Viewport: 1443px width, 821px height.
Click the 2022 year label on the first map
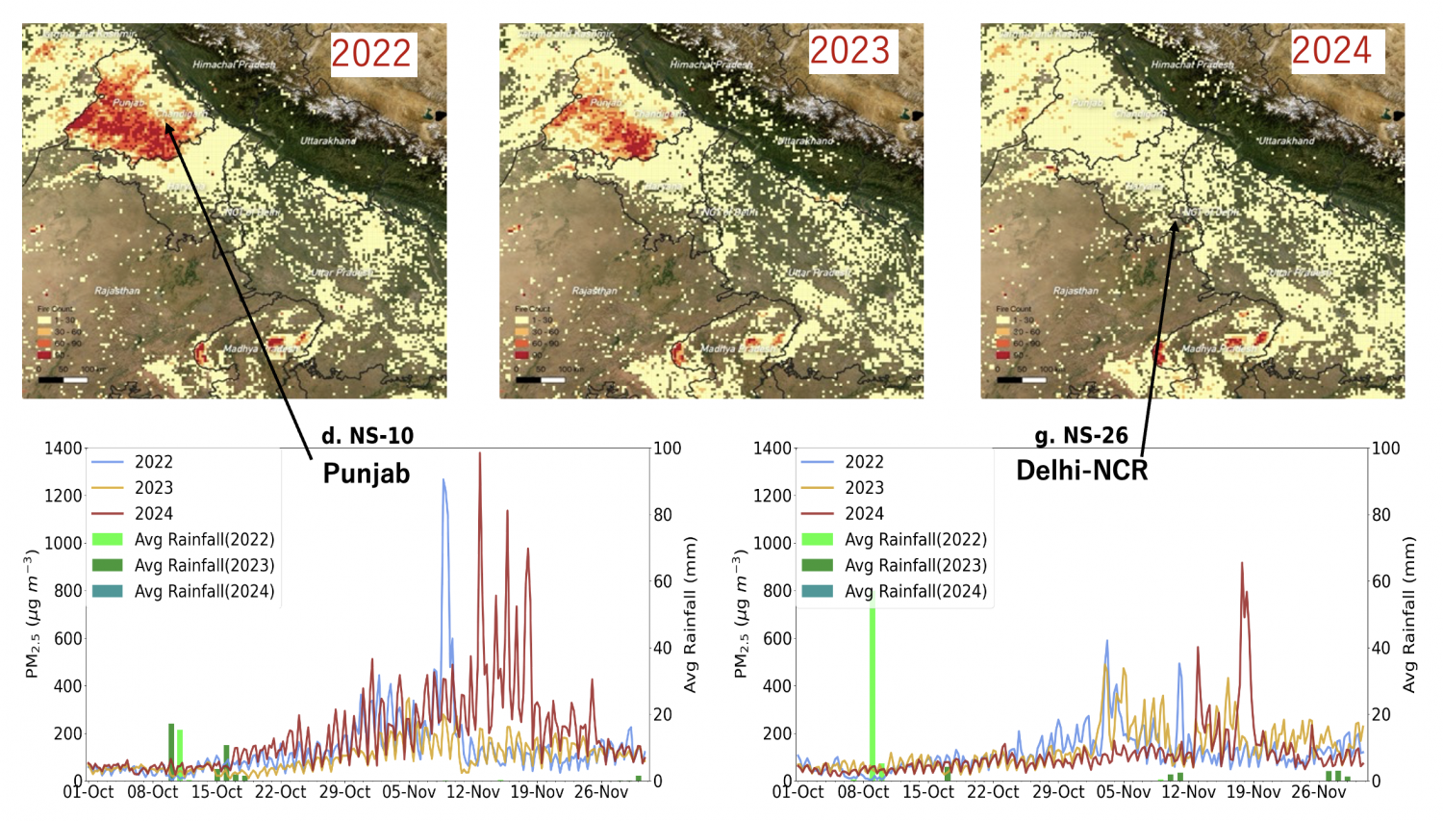[x=371, y=53]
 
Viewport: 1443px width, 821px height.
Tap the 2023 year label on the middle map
[x=849, y=51]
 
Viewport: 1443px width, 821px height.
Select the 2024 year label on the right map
[x=1331, y=51]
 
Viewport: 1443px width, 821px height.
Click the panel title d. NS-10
[x=367, y=436]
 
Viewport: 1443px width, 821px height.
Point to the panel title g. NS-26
[x=1081, y=436]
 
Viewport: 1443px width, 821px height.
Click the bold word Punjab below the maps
[x=367, y=474]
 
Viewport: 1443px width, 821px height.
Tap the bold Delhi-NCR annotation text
[x=1082, y=470]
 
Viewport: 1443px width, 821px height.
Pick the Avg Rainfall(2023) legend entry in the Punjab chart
[x=204, y=566]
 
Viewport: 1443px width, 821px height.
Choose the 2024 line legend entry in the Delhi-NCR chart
[x=864, y=514]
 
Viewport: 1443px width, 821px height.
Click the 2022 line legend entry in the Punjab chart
[x=154, y=462]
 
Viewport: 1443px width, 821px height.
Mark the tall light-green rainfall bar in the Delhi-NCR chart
[x=873, y=674]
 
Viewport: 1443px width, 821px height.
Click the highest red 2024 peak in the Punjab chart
[x=479, y=454]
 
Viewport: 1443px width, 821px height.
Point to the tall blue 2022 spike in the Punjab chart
[x=443, y=481]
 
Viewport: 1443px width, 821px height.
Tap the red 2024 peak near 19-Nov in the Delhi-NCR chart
[x=1242, y=565]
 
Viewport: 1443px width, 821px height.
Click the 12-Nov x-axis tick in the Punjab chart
[x=473, y=792]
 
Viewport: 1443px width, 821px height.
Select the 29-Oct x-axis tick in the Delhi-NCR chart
[x=1058, y=792]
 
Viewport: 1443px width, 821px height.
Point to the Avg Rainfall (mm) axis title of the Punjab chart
[x=690, y=614]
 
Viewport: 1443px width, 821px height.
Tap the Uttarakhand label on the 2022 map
[x=327, y=141]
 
